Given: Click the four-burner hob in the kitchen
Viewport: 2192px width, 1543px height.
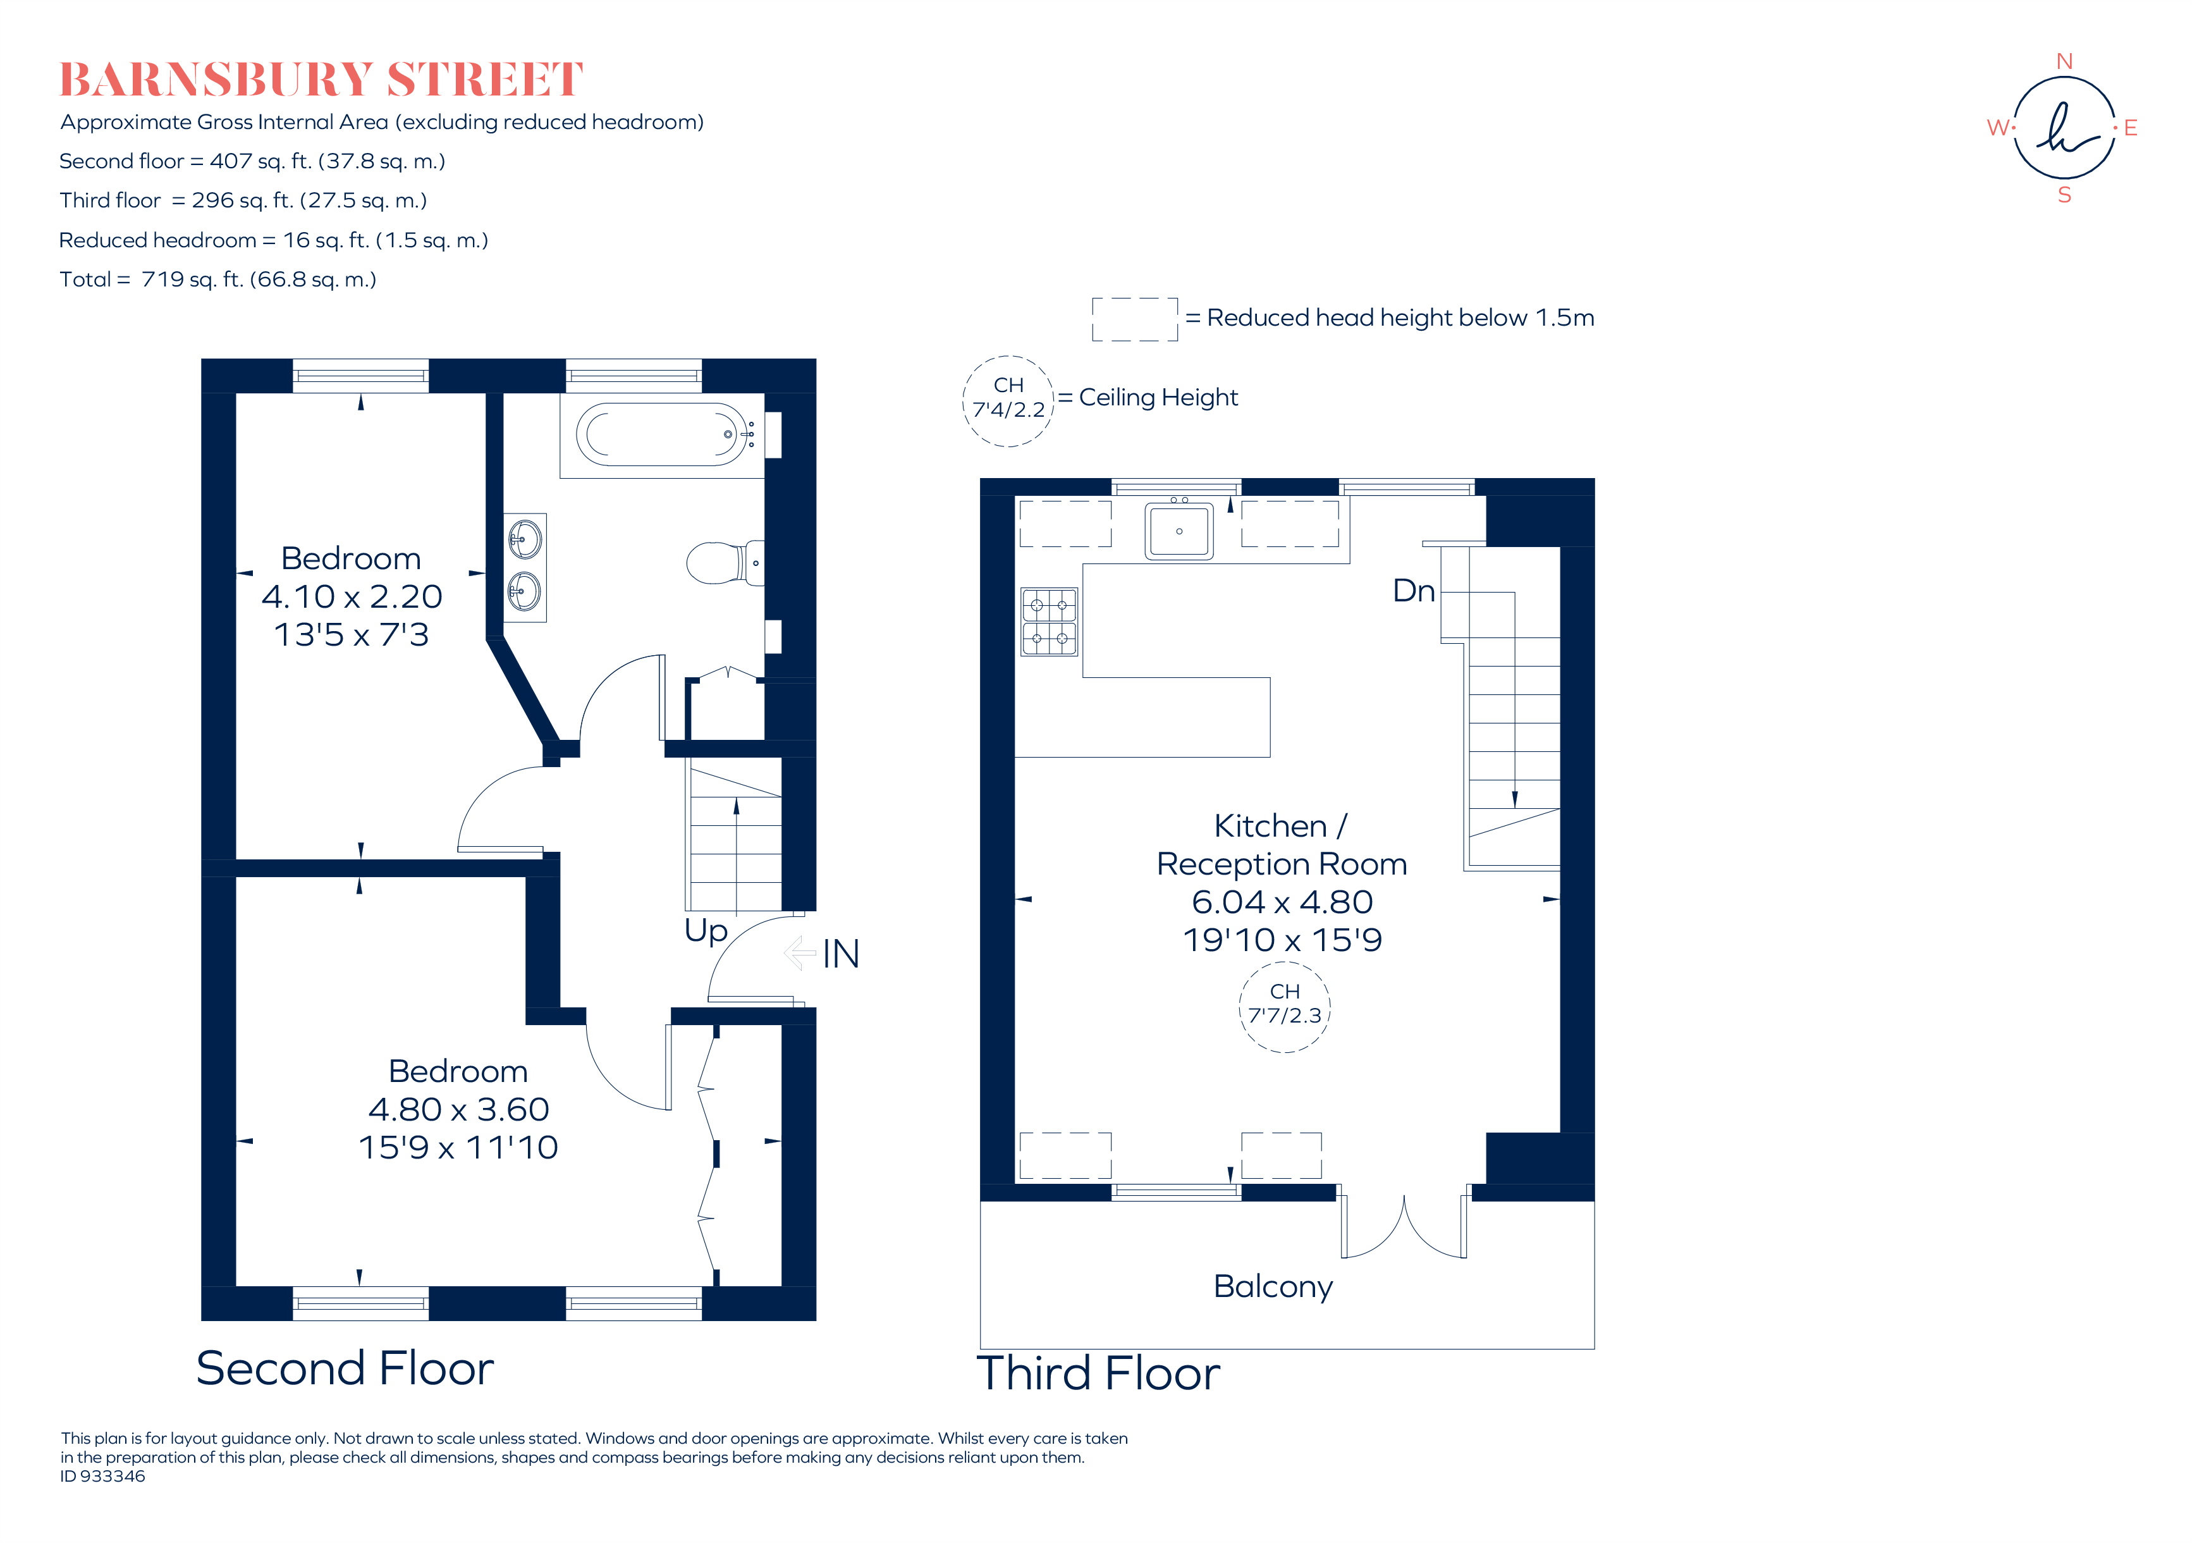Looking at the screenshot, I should pyautogui.click(x=1050, y=622).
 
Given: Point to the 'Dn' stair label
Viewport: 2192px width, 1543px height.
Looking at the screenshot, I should pyautogui.click(x=1413, y=591).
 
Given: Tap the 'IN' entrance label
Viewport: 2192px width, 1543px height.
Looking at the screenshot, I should pyautogui.click(x=840, y=954).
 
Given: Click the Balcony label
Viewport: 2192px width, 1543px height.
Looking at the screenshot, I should pyautogui.click(x=1273, y=1286).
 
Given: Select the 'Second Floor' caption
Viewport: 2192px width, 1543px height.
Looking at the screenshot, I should pyautogui.click(x=345, y=1368).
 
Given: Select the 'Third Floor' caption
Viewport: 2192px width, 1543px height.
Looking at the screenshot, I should pyautogui.click(x=1098, y=1373).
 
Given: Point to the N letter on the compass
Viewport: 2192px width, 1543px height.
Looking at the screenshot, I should pyautogui.click(x=2064, y=62).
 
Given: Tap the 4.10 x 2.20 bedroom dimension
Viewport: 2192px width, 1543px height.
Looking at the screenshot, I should pyautogui.click(x=352, y=597).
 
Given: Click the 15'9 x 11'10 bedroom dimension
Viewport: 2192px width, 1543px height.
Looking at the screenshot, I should pyautogui.click(x=458, y=1146).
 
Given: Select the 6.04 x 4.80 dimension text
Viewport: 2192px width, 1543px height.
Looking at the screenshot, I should pyautogui.click(x=1282, y=901).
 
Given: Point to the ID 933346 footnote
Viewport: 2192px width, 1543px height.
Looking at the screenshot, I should pyautogui.click(x=103, y=1476).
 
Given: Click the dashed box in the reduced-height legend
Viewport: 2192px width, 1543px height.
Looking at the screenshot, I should pyautogui.click(x=1134, y=319).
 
